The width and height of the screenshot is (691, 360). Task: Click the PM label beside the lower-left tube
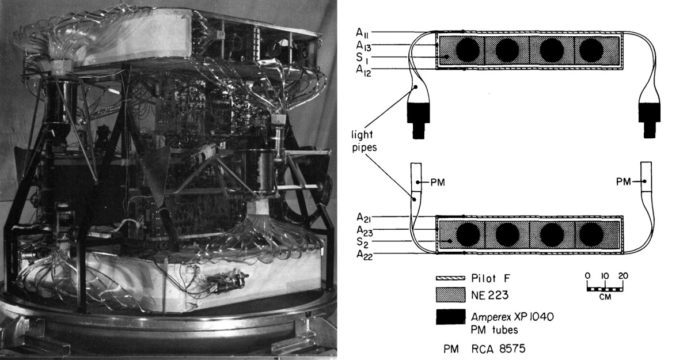pyautogui.click(x=439, y=182)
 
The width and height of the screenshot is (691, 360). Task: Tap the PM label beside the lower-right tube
pyautogui.click(x=622, y=182)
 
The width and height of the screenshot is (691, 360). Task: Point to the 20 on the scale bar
pyautogui.click(x=623, y=275)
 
